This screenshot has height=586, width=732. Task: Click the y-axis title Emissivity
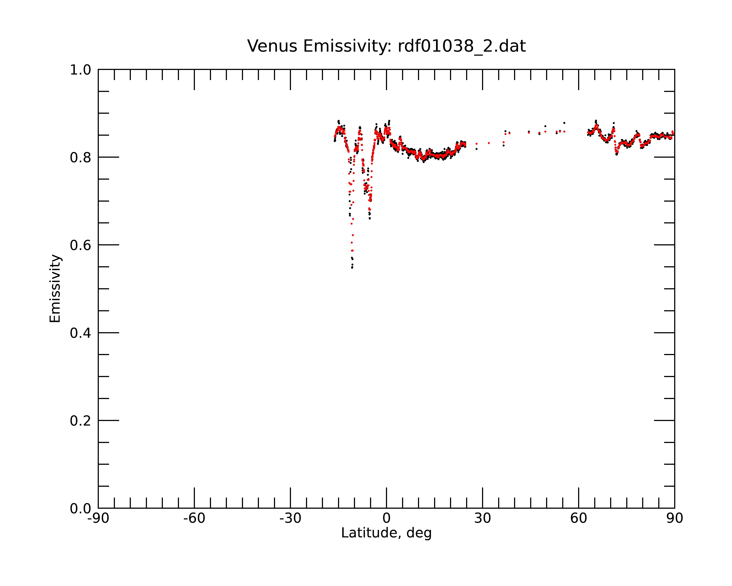pos(55,288)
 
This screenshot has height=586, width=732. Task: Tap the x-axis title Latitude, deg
pos(386,533)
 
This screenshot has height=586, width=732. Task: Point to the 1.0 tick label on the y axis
pos(81,70)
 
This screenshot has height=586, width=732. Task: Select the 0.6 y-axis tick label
pos(81,245)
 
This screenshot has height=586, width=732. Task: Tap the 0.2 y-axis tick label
pos(81,421)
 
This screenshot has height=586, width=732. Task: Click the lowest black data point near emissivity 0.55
pos(352,268)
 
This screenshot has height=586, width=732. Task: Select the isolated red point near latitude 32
pos(489,143)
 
